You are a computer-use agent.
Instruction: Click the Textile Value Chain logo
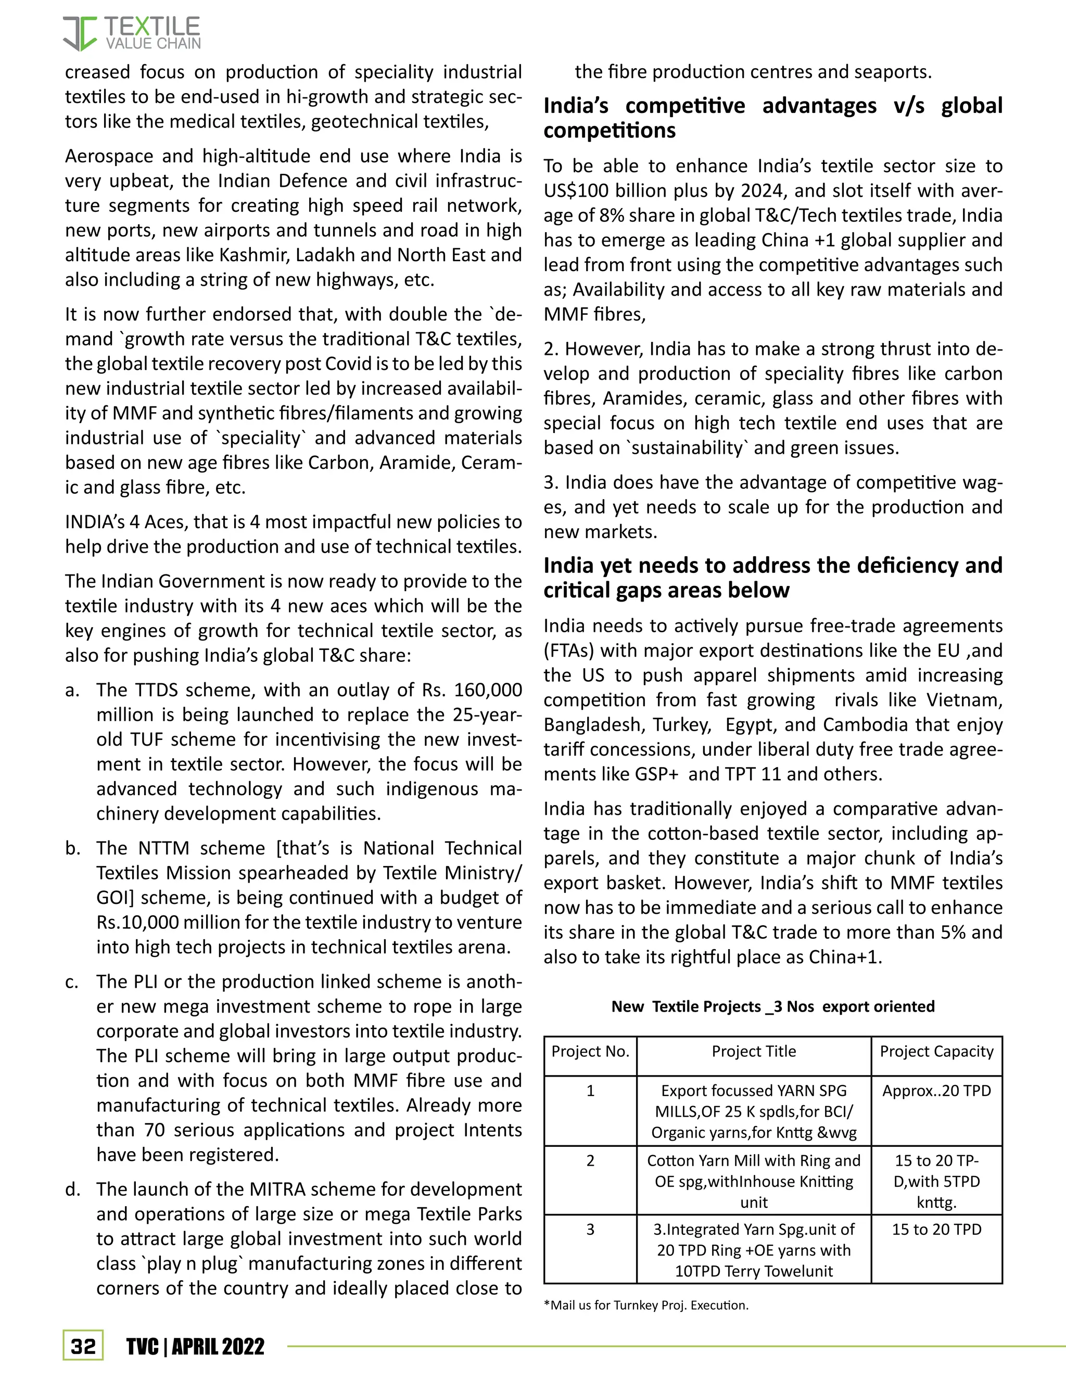[x=131, y=33]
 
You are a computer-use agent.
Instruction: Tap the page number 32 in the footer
[x=83, y=1346]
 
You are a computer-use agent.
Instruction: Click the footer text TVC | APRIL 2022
[x=195, y=1346]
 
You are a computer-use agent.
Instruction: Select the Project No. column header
[x=590, y=1051]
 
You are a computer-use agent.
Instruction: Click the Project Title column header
[x=753, y=1051]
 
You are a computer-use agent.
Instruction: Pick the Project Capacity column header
[x=936, y=1051]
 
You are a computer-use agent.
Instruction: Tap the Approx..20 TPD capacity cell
[x=936, y=1090]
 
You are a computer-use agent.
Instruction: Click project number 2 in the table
[x=590, y=1160]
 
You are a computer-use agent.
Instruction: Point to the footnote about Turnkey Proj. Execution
[x=645, y=1305]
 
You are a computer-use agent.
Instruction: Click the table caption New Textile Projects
[x=772, y=1006]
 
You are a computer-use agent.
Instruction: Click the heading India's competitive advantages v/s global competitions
[x=772, y=118]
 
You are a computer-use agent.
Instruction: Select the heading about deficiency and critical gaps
[x=772, y=577]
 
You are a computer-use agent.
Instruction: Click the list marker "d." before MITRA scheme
[x=73, y=1190]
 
